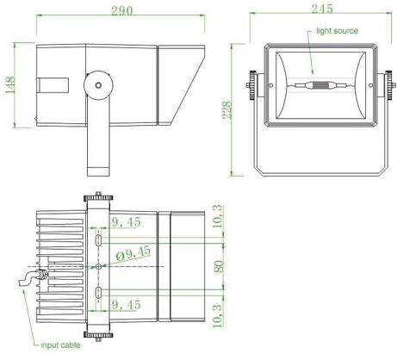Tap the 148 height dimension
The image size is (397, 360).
[x=9, y=86]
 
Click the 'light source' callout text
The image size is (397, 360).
[x=337, y=31]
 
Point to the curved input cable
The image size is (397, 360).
[x=31, y=280]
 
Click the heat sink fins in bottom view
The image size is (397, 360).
[x=60, y=267]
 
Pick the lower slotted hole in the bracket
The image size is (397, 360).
[x=99, y=294]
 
